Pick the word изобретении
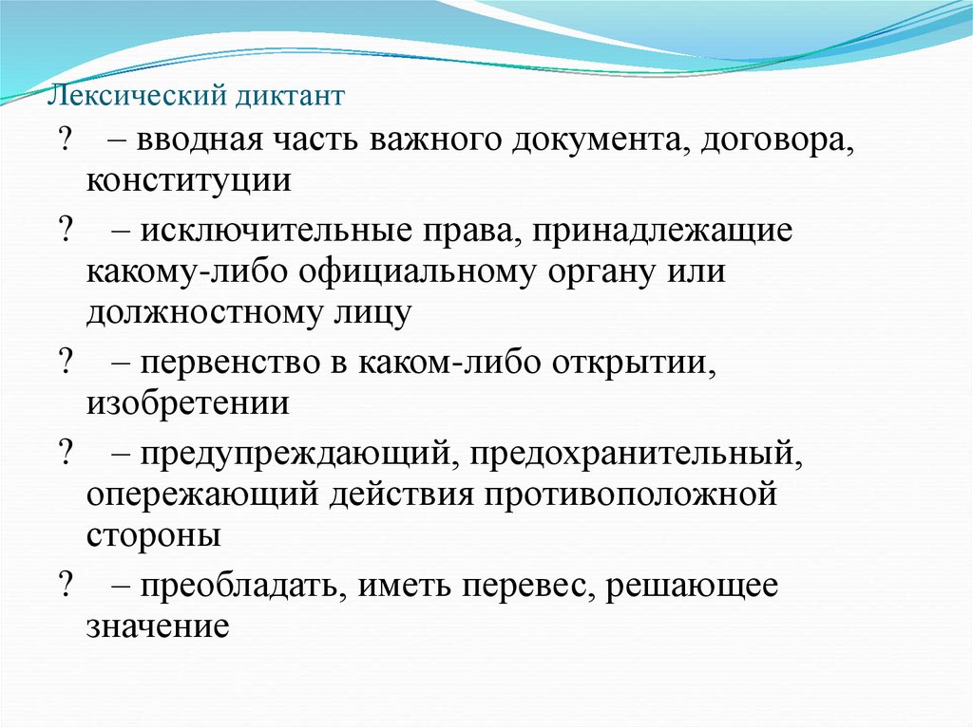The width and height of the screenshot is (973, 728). pyautogui.click(x=188, y=404)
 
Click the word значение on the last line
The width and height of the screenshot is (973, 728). pyautogui.click(x=158, y=626)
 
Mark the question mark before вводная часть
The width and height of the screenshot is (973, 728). pyautogui.click(x=67, y=140)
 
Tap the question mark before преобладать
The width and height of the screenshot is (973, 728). pyautogui.click(x=67, y=588)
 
